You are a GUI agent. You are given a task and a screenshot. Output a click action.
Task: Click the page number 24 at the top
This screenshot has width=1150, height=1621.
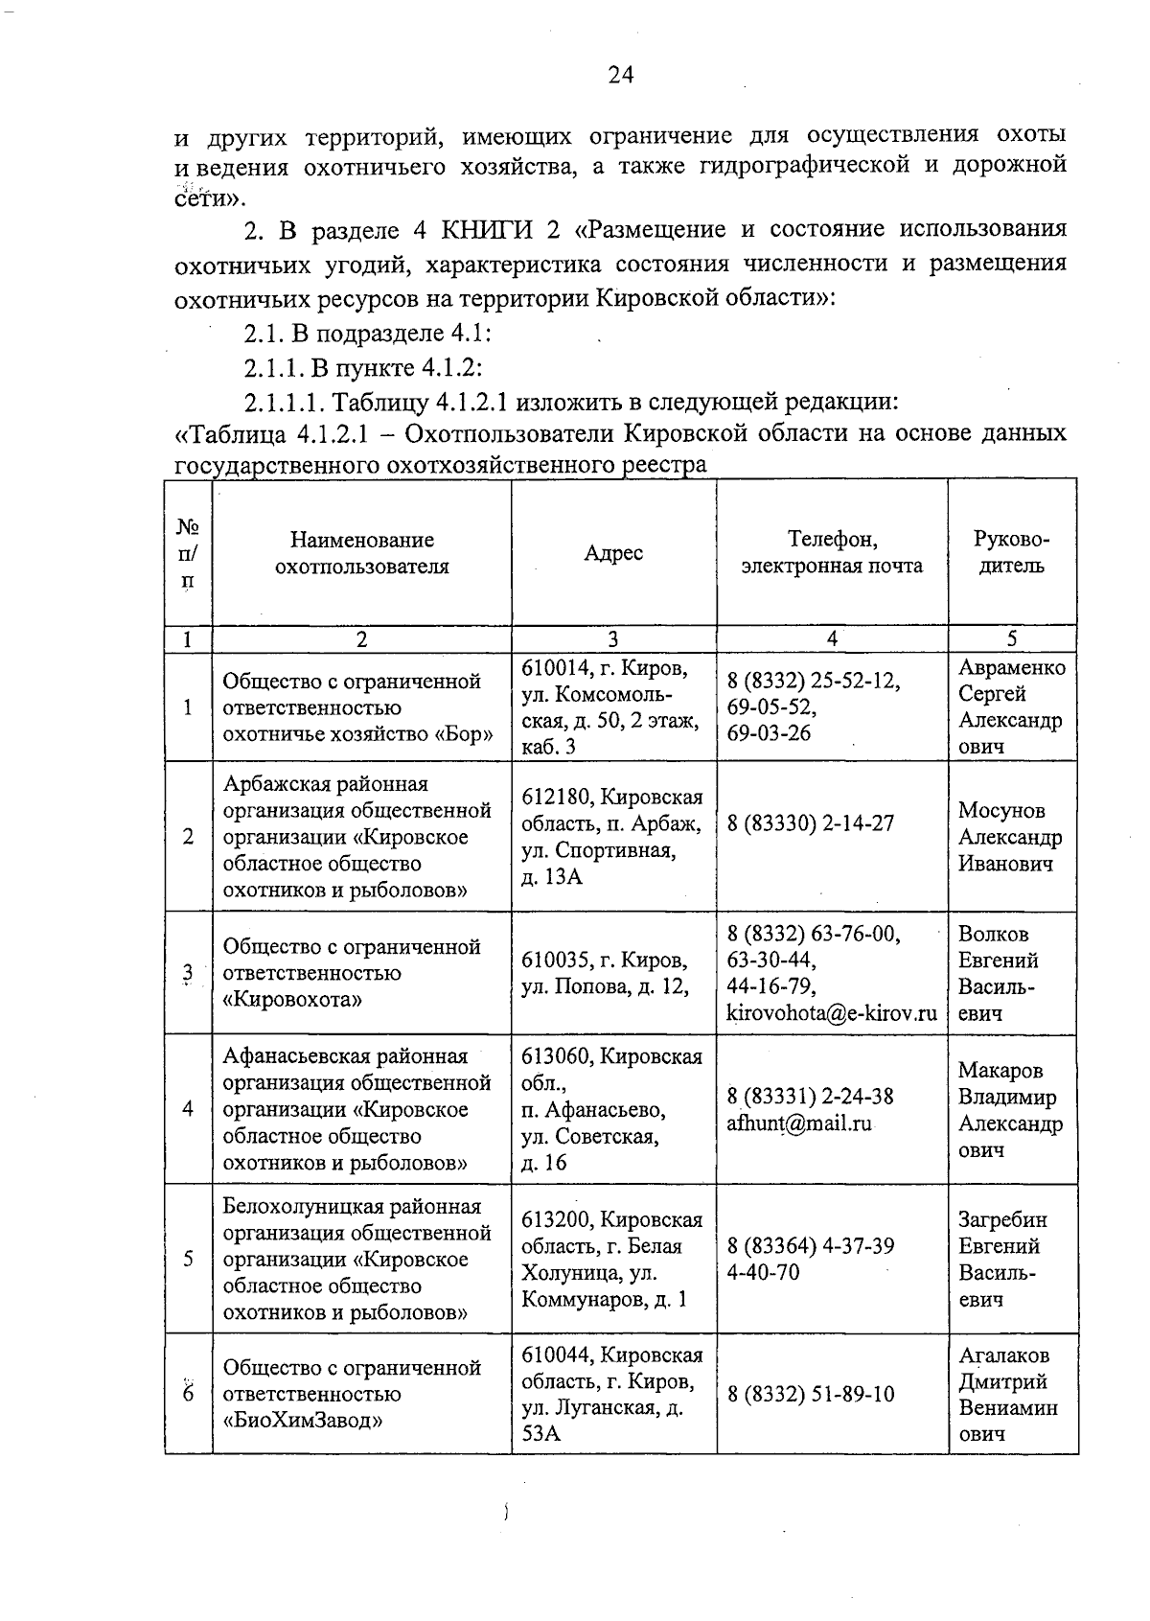(x=621, y=76)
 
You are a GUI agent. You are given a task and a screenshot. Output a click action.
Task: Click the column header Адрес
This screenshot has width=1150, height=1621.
(x=613, y=553)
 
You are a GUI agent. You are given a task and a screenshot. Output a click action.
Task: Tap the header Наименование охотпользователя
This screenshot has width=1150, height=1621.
(x=361, y=553)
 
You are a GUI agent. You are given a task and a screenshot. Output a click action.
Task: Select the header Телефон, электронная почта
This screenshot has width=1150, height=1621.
(x=832, y=552)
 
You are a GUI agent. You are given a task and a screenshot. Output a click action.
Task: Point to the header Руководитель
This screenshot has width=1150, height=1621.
(x=1012, y=552)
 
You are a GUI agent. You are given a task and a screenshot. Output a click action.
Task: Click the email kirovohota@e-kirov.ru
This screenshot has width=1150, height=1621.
(x=832, y=1012)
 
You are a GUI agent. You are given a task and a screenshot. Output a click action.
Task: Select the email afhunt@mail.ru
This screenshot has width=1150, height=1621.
(x=799, y=1123)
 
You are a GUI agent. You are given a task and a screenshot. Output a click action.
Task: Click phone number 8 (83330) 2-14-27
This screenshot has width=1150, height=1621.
(x=811, y=822)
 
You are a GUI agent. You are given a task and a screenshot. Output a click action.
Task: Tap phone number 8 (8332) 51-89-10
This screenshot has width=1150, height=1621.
(x=811, y=1394)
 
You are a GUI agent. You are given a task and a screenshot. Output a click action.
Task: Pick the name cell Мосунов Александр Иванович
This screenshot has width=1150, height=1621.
(x=1010, y=837)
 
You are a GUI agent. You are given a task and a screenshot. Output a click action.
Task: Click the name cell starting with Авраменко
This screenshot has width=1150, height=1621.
(x=1011, y=706)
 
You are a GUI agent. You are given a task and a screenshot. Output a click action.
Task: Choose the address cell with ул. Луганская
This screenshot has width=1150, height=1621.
(x=613, y=1394)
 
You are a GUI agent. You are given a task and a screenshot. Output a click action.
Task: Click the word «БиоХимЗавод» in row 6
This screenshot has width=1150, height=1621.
(x=303, y=1421)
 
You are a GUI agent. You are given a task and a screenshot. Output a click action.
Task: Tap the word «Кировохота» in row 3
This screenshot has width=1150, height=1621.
(x=292, y=1000)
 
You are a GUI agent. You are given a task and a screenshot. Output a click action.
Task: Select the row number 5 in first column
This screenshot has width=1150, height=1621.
(x=188, y=1258)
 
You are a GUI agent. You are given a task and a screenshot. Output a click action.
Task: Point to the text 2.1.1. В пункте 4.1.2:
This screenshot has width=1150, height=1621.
(x=362, y=367)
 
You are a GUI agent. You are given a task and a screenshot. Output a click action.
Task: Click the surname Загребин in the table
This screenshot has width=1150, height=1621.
(x=1002, y=1219)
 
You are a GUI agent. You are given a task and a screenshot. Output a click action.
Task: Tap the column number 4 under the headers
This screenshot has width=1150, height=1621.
(x=832, y=639)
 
